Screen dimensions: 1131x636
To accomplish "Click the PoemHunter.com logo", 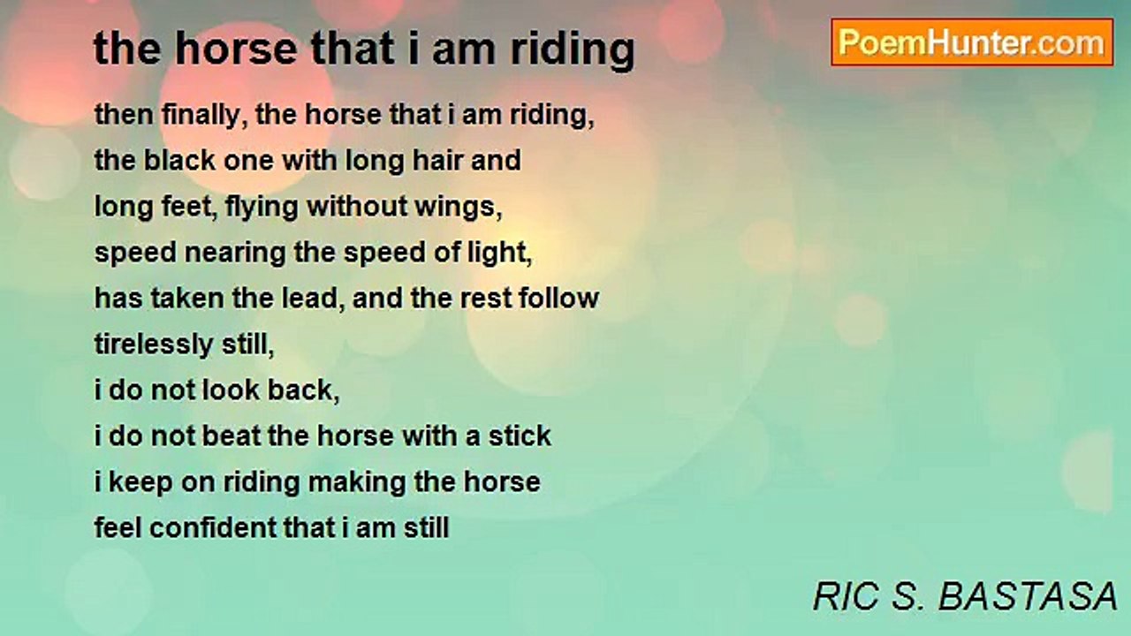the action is [x=972, y=42].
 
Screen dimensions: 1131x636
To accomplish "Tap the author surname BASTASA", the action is [x=1028, y=596].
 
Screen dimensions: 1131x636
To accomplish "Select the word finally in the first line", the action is [x=204, y=116].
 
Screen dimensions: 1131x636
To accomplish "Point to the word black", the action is [x=179, y=161].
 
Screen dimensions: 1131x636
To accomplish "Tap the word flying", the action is [x=262, y=208].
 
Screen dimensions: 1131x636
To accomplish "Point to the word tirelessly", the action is [x=154, y=344].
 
